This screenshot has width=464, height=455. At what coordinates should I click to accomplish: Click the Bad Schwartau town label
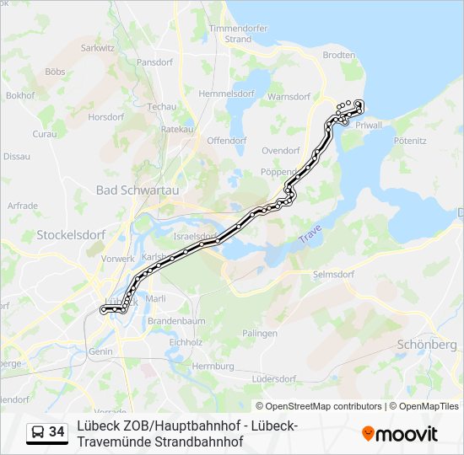pos(138,190)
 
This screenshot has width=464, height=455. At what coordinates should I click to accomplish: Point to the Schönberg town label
pos(427,345)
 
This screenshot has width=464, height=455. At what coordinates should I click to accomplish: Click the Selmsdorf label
pos(332,274)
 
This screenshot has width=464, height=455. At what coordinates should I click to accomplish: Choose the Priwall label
pos(370,125)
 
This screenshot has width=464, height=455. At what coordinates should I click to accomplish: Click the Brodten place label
pos(339,55)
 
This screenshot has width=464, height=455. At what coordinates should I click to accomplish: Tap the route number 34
pos(57,432)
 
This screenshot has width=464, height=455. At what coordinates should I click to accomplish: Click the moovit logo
pos(400,434)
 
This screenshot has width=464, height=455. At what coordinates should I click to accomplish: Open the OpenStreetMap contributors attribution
pos(319,406)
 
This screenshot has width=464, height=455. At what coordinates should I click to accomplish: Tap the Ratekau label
pos(177,129)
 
